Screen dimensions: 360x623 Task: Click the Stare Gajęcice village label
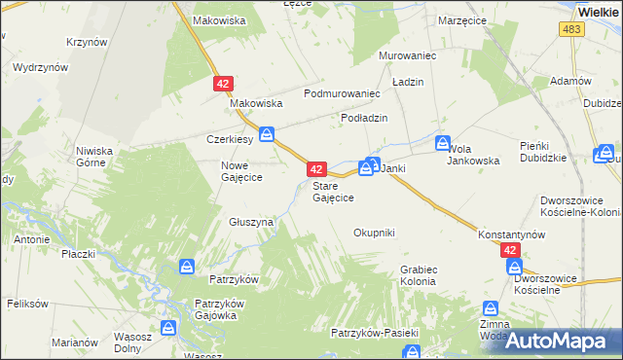[x=333, y=191]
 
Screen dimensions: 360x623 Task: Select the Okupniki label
[x=374, y=233]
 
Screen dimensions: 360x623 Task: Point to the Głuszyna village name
[x=251, y=222]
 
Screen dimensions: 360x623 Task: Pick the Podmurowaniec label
[x=341, y=93]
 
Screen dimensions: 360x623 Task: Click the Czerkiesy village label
[x=230, y=138]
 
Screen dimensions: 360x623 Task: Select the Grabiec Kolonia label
[x=419, y=275]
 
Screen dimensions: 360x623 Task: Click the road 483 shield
[x=572, y=31]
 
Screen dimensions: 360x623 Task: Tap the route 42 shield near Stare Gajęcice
[x=315, y=168]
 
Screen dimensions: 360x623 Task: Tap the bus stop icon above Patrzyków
[x=187, y=265]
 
